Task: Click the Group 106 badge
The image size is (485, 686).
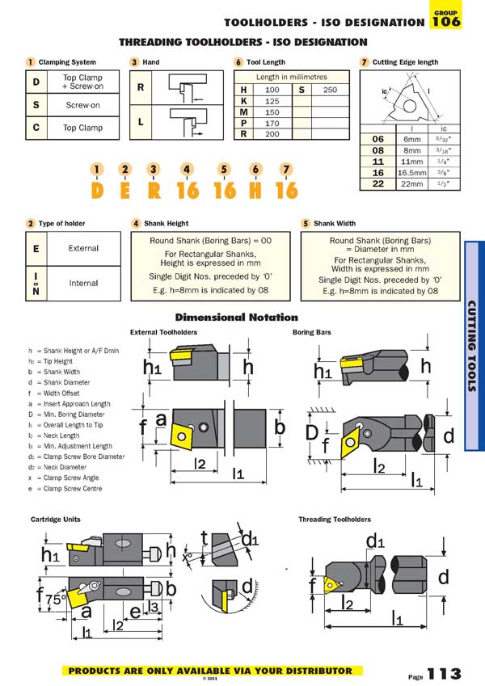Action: (446, 19)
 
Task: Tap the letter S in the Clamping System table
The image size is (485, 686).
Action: (36, 105)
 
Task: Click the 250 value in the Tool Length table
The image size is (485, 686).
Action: (329, 90)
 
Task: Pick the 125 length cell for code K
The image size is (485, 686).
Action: (272, 101)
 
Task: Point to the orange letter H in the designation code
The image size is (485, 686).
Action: (255, 191)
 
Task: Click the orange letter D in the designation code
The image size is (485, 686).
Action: (97, 191)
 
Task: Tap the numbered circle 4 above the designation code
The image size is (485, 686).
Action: (187, 169)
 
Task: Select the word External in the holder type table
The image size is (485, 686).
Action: (83, 249)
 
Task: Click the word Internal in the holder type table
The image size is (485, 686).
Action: (83, 284)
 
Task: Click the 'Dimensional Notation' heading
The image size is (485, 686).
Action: (236, 318)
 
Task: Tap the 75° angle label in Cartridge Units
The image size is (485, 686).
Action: (54, 600)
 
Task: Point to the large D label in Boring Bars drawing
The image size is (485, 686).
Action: (311, 433)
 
